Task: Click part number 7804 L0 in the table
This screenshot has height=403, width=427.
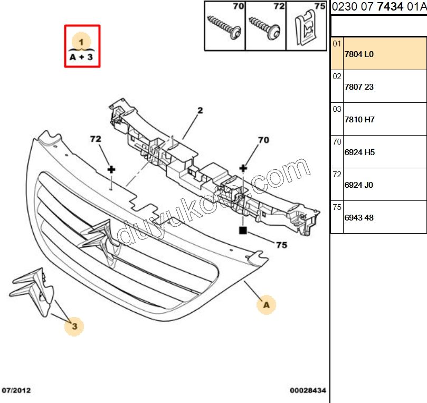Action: click(x=359, y=54)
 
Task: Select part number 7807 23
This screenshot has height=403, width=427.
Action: click(x=359, y=87)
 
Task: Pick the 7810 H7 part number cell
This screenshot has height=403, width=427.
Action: click(x=359, y=120)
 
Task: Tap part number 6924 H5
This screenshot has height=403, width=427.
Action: click(x=359, y=152)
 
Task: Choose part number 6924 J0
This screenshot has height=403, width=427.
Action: click(x=359, y=185)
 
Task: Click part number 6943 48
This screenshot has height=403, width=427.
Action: click(x=359, y=218)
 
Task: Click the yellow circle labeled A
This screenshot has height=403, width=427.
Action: click(x=267, y=304)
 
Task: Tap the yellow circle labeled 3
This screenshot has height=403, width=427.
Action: click(x=74, y=327)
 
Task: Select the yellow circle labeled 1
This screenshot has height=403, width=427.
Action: click(x=81, y=40)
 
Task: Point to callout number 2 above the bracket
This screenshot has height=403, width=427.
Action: click(x=201, y=111)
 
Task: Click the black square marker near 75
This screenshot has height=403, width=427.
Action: click(x=243, y=230)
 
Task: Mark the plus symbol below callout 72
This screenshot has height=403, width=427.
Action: click(x=111, y=169)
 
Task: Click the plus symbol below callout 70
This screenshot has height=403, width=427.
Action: click(x=243, y=168)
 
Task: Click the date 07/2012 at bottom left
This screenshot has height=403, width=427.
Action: click(x=16, y=391)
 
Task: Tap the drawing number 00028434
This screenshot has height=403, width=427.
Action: click(x=308, y=391)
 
